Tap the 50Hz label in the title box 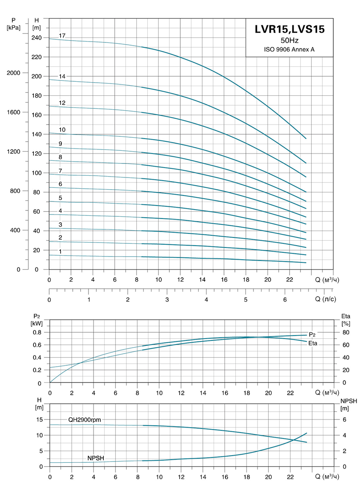click(x=289, y=41)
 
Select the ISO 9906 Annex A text click(x=289, y=49)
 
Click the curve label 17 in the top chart click(x=62, y=35)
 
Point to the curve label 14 click(x=62, y=76)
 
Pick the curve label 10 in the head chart click(x=62, y=130)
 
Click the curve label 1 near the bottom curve click(x=61, y=251)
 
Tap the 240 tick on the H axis click(x=37, y=38)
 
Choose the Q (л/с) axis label click(x=327, y=299)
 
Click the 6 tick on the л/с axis click(x=285, y=299)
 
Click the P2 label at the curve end click(x=312, y=335)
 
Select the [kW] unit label click(x=37, y=323)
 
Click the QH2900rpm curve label click(x=85, y=419)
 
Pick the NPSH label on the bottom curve click(x=96, y=458)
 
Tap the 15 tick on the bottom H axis click(x=40, y=419)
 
